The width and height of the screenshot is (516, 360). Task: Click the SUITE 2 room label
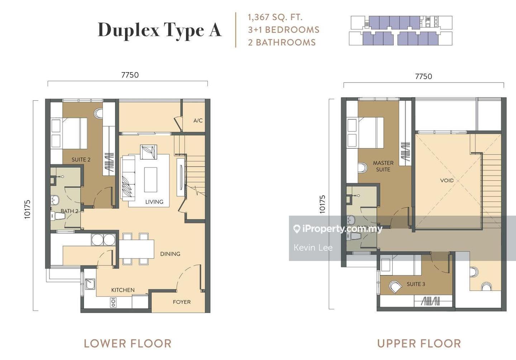pyautogui.click(x=81, y=160)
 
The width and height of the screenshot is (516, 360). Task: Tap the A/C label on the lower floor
pyautogui.click(x=198, y=120)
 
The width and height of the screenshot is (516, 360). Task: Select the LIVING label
pyautogui.click(x=154, y=202)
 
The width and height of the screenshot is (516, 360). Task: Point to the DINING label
pyautogui.click(x=170, y=254)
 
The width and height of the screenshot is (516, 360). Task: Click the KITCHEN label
pyautogui.click(x=123, y=290)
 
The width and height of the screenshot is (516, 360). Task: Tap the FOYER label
pyautogui.click(x=182, y=302)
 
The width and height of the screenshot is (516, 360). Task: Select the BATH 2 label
pyautogui.click(x=70, y=211)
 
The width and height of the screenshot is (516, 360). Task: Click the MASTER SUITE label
pyautogui.click(x=383, y=166)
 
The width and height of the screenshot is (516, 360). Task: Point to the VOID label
pyautogui.click(x=446, y=180)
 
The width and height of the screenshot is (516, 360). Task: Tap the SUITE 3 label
pyautogui.click(x=416, y=284)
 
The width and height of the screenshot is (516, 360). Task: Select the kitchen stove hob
pyautogui.click(x=113, y=302)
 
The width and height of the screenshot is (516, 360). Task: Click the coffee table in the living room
pyautogui.click(x=150, y=180)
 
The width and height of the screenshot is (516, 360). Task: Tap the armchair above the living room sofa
pyautogui.click(x=149, y=152)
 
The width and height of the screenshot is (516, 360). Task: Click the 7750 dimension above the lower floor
pyautogui.click(x=130, y=75)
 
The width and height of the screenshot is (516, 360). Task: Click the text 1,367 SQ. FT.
pyautogui.click(x=275, y=18)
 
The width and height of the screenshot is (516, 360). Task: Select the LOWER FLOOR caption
pyautogui.click(x=128, y=344)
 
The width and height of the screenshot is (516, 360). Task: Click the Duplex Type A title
pyautogui.click(x=160, y=30)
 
